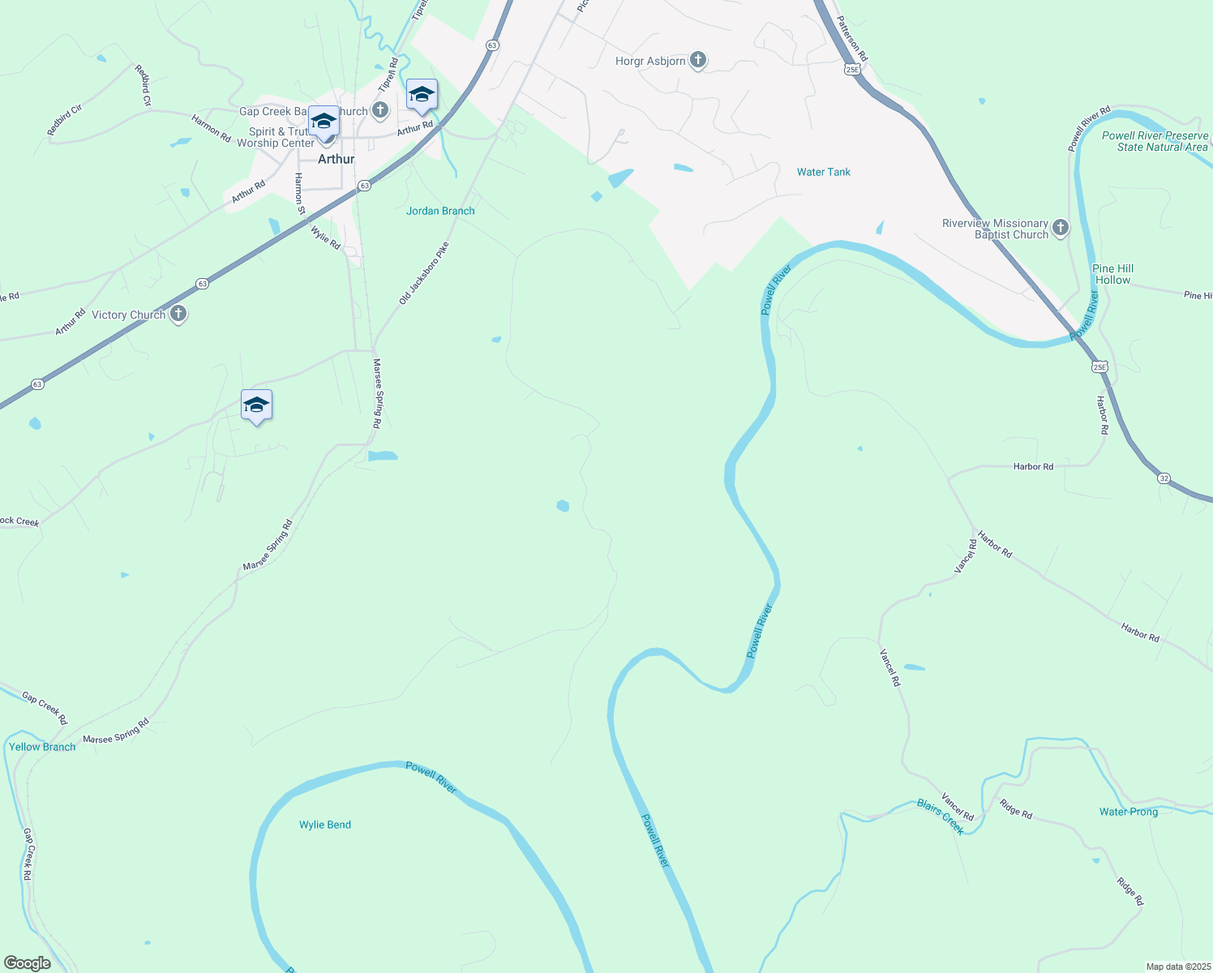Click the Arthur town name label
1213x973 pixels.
tap(336, 159)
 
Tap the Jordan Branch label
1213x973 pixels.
tap(440, 211)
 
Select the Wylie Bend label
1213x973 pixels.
tap(325, 825)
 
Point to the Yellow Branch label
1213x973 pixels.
tap(42, 747)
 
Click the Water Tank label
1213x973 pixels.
tap(824, 172)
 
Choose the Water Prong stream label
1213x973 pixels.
tap(1129, 812)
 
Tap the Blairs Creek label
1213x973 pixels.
tap(941, 817)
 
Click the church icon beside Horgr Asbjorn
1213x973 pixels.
tap(698, 61)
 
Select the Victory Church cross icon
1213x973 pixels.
tap(178, 315)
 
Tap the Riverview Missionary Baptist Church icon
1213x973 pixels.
tap(1061, 228)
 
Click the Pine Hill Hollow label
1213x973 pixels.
tap(1112, 274)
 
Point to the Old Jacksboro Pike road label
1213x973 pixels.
tap(423, 273)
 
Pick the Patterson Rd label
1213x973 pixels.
tap(853, 39)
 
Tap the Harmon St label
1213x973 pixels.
tap(299, 195)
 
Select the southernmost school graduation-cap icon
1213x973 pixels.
tap(256, 405)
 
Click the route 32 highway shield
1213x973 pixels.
tap(1164, 479)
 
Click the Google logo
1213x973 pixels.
tap(27, 962)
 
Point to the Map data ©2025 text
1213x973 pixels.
tap(1177, 967)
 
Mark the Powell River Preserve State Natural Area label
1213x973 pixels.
tap(1155, 141)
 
